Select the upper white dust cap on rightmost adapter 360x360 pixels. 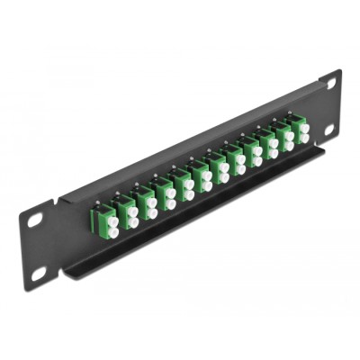[x=304, y=129]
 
